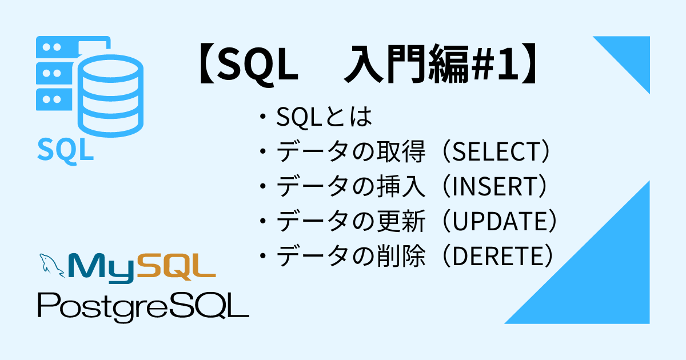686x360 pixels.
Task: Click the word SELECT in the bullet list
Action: [x=495, y=151]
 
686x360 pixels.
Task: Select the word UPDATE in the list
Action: [x=500, y=221]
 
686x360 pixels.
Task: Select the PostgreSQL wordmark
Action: [x=143, y=307]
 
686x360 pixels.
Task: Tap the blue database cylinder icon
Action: [x=110, y=96]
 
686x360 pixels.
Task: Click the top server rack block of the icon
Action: [x=73, y=47]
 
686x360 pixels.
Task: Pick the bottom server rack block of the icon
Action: [x=54, y=99]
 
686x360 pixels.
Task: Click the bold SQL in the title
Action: [x=257, y=65]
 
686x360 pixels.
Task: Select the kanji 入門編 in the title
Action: [x=406, y=64]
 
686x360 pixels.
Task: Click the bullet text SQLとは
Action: [x=324, y=117]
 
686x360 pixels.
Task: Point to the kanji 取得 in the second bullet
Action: [x=401, y=151]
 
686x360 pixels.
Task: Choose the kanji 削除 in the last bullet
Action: [x=401, y=256]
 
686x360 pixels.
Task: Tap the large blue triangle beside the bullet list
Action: [x=601, y=275]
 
